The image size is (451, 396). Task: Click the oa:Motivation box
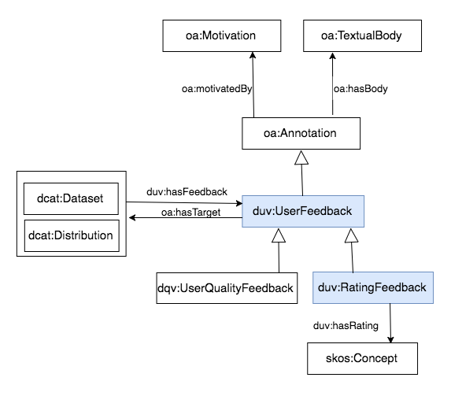click(x=222, y=36)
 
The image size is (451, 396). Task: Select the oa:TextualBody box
click(x=362, y=36)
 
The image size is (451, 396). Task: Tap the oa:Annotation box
click(x=301, y=133)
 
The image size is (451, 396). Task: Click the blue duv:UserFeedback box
click(x=303, y=211)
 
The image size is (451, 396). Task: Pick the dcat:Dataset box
click(x=71, y=198)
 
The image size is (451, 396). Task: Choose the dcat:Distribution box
click(x=72, y=235)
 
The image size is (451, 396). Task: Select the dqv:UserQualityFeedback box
click(x=227, y=288)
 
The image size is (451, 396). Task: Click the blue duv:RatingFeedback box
click(x=373, y=287)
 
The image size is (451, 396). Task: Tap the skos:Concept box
click(x=362, y=358)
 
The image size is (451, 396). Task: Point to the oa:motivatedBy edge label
click(x=217, y=89)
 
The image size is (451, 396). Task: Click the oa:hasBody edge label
click(x=360, y=89)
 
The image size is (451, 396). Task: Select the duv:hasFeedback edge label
click(x=187, y=191)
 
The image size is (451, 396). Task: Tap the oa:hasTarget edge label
click(x=191, y=213)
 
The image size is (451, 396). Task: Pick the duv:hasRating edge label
click(x=346, y=326)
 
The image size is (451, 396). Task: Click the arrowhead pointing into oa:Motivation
click(x=253, y=55)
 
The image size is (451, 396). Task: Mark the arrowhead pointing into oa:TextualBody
click(x=332, y=55)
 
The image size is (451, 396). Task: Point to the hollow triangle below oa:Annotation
click(x=301, y=157)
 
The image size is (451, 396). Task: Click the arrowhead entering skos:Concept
click(x=390, y=339)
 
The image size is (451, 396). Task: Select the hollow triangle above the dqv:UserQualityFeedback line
click(x=279, y=235)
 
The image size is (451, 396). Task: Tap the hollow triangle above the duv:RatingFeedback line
click(x=351, y=235)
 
